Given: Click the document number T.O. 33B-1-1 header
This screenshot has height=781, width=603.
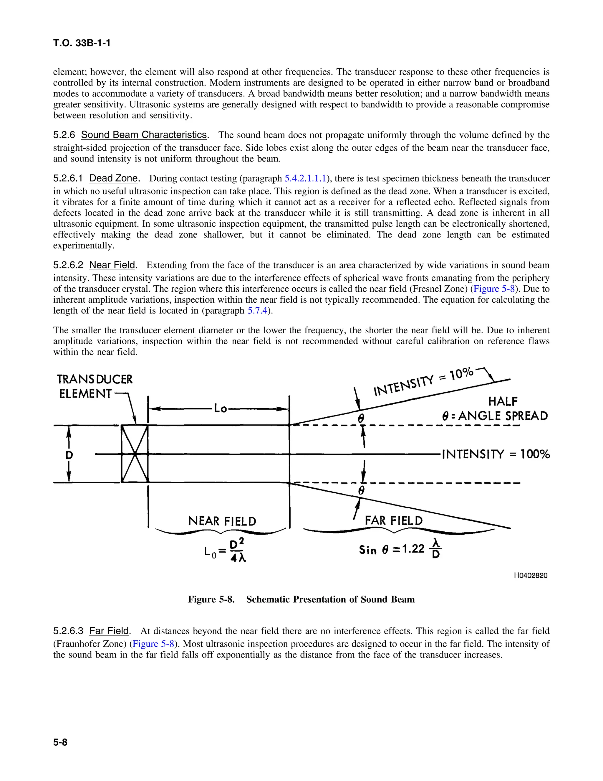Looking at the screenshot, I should coord(82,43).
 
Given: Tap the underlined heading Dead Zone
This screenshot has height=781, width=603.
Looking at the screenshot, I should coord(113,178).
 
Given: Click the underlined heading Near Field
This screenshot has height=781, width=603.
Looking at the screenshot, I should coord(112,265).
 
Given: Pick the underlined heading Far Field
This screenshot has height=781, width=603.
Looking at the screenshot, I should coord(109,630).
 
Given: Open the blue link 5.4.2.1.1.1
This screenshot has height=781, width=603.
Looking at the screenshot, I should coord(305,178).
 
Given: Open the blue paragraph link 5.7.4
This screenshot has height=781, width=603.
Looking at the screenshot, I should coord(257,310).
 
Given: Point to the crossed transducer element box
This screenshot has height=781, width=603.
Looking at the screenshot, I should coord(135,454).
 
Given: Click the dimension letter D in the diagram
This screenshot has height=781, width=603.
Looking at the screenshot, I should coord(69,455).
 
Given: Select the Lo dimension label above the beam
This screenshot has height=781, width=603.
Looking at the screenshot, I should coord(220,408).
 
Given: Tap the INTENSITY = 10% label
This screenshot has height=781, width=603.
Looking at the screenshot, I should coord(424,382).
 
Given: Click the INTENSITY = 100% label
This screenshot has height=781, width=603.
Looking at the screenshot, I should coord(496,454).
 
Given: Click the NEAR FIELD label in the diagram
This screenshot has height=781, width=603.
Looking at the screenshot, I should coord(222,521).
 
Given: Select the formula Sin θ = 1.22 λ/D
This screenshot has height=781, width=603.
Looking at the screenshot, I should coord(400,549).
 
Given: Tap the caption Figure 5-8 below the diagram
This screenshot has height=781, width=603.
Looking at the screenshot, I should coord(301,599).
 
